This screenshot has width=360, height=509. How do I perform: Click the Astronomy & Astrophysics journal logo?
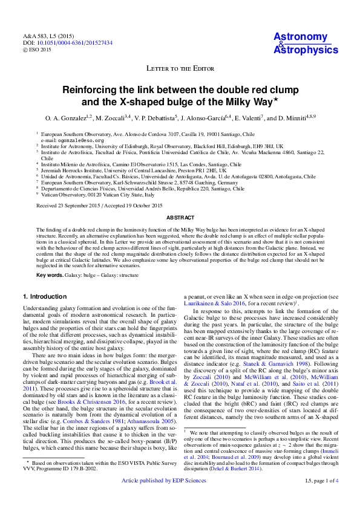click(306, 43)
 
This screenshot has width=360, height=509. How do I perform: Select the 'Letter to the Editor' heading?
click(180, 68)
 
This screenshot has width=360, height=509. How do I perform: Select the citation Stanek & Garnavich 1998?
click(283, 364)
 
